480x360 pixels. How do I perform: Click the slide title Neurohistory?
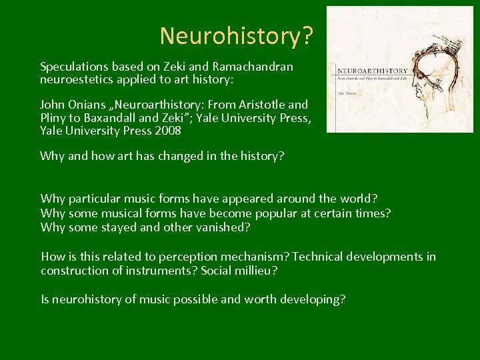(235, 36)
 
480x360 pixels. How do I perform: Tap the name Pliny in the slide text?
(54, 118)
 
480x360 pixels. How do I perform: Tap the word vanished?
(225, 227)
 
